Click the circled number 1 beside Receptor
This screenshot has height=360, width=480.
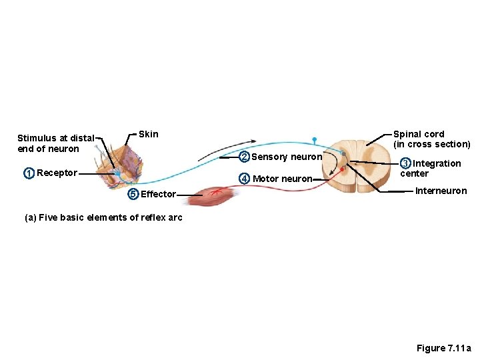29,173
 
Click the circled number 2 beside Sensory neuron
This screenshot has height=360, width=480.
244,157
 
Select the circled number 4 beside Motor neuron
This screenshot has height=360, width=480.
245,179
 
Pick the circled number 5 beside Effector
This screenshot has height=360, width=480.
133,194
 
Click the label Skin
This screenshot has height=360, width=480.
149,134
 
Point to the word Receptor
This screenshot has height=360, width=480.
57,173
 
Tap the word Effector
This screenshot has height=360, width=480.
158,195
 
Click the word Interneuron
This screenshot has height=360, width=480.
441,191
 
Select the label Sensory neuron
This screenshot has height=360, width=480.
287,157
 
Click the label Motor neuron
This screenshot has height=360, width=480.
283,179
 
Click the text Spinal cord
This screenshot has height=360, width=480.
419,134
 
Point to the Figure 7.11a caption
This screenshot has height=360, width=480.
443,348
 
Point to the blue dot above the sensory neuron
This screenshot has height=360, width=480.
313,139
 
